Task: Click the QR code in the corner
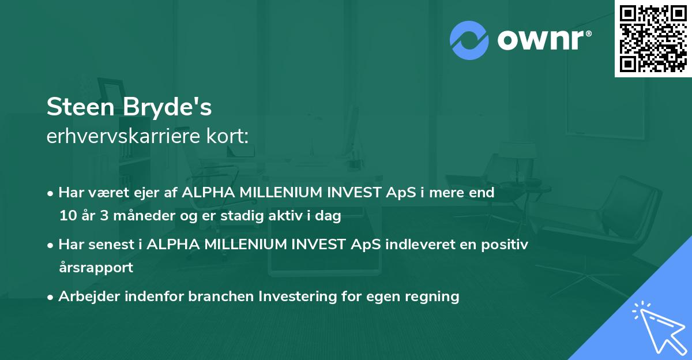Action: click(x=653, y=39)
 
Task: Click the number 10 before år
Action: click(x=66, y=216)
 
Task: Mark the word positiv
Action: click(x=505, y=244)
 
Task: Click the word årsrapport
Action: click(x=96, y=267)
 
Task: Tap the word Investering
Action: click(x=296, y=297)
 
